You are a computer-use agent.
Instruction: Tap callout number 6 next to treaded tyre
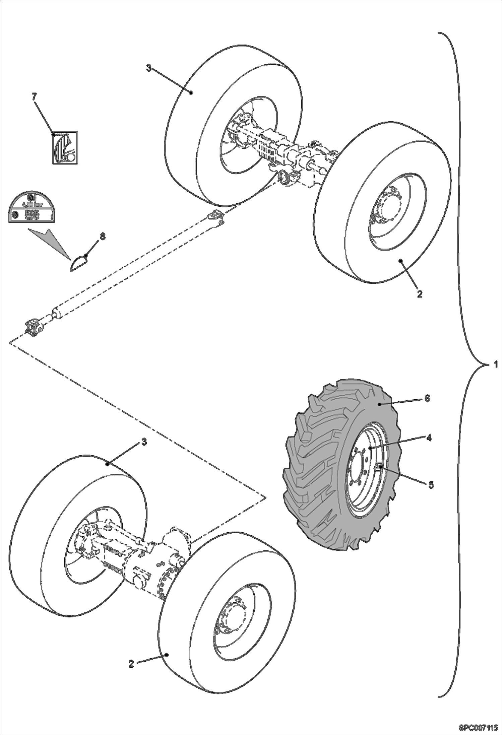pyautogui.click(x=427, y=399)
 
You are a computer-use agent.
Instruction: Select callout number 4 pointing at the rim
pyautogui.click(x=429, y=438)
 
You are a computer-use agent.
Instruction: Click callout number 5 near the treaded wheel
pyautogui.click(x=431, y=484)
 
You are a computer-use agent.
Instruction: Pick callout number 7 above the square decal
pyautogui.click(x=34, y=96)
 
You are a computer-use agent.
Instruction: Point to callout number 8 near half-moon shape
pyautogui.click(x=102, y=236)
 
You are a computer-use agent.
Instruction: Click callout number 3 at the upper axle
pyautogui.click(x=149, y=68)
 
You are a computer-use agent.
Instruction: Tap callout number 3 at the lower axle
pyautogui.click(x=144, y=442)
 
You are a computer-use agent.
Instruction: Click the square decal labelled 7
pyautogui.click(x=65, y=147)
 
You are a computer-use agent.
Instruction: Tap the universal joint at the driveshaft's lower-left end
pyautogui.click(x=33, y=328)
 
